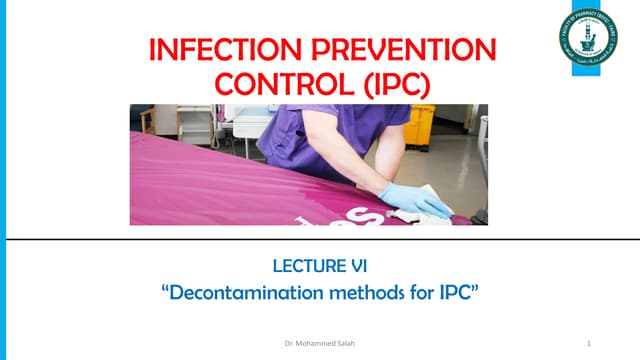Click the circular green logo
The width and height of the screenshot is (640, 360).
(587, 36)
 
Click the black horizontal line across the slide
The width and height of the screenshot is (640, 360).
(320, 240)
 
